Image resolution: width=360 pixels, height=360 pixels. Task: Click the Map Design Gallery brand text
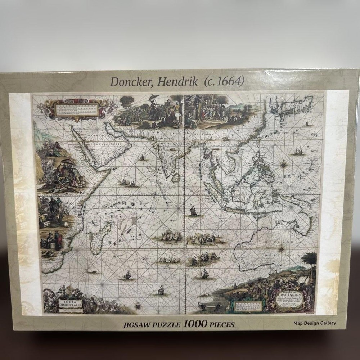[x=314, y=323]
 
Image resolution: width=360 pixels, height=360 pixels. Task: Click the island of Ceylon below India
[x=176, y=177]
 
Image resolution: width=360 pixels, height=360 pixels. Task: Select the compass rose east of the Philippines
[x=284, y=164]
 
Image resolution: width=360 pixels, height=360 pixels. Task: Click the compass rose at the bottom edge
[x=138, y=307]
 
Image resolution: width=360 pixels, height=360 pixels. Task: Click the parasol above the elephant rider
[x=156, y=97]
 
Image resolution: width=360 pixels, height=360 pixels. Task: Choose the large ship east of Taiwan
[x=298, y=150]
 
